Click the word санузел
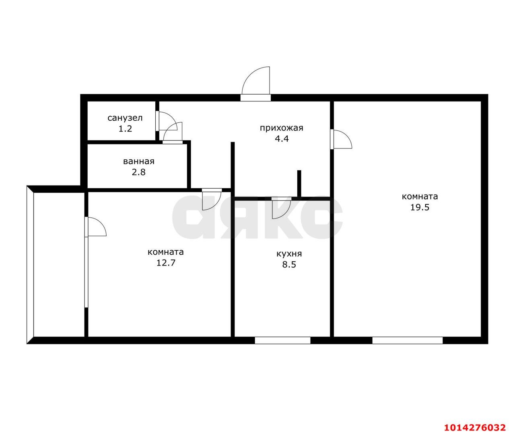pos(125,118)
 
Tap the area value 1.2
pos(125,128)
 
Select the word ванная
pos(139,161)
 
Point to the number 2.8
pos(139,172)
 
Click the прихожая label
pos(281,128)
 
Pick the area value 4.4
pos(282,139)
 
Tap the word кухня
pos(289,254)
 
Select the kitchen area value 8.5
pos(289,264)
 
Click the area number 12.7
pos(166,262)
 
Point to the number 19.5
pos(420,207)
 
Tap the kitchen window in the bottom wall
pos(282,340)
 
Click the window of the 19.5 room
pos(407,340)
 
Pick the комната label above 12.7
pos(166,252)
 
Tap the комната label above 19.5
pos(420,196)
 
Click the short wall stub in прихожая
pos(299,183)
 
